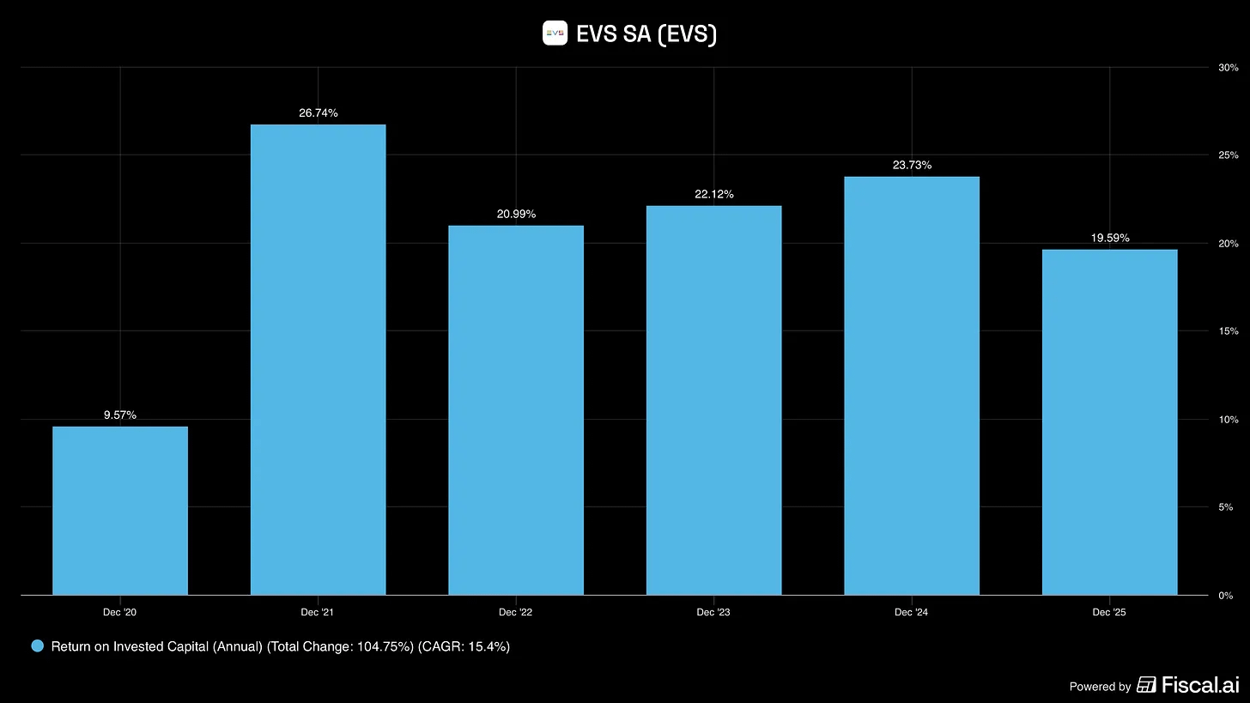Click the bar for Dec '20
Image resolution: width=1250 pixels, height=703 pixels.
[120, 511]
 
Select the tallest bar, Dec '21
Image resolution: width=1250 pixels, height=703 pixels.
[318, 360]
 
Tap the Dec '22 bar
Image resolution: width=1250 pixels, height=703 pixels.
[516, 410]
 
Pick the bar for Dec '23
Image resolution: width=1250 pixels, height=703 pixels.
[714, 401]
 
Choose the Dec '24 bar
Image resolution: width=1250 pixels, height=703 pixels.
[912, 386]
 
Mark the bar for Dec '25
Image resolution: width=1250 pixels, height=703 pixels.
[1110, 422]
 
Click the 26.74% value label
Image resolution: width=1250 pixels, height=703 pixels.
[318, 112]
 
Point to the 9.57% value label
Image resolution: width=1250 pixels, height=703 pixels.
[120, 415]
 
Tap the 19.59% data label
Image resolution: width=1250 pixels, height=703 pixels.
[1110, 238]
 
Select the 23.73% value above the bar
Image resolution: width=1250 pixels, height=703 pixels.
[912, 165]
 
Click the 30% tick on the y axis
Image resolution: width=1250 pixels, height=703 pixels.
[1229, 68]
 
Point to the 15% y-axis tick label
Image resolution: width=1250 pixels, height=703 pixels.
[1229, 330]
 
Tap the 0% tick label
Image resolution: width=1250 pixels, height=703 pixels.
[1225, 596]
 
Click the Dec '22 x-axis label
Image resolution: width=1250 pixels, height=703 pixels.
[515, 612]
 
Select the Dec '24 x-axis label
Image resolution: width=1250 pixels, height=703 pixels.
[911, 612]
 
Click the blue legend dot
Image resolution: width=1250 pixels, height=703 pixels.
[38, 646]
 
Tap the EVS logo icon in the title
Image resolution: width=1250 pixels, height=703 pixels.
[555, 33]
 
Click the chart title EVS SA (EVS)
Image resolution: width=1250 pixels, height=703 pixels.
[646, 33]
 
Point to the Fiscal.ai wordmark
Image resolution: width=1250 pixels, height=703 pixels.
[1200, 685]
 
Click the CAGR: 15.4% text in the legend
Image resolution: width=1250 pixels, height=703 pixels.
[464, 646]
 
